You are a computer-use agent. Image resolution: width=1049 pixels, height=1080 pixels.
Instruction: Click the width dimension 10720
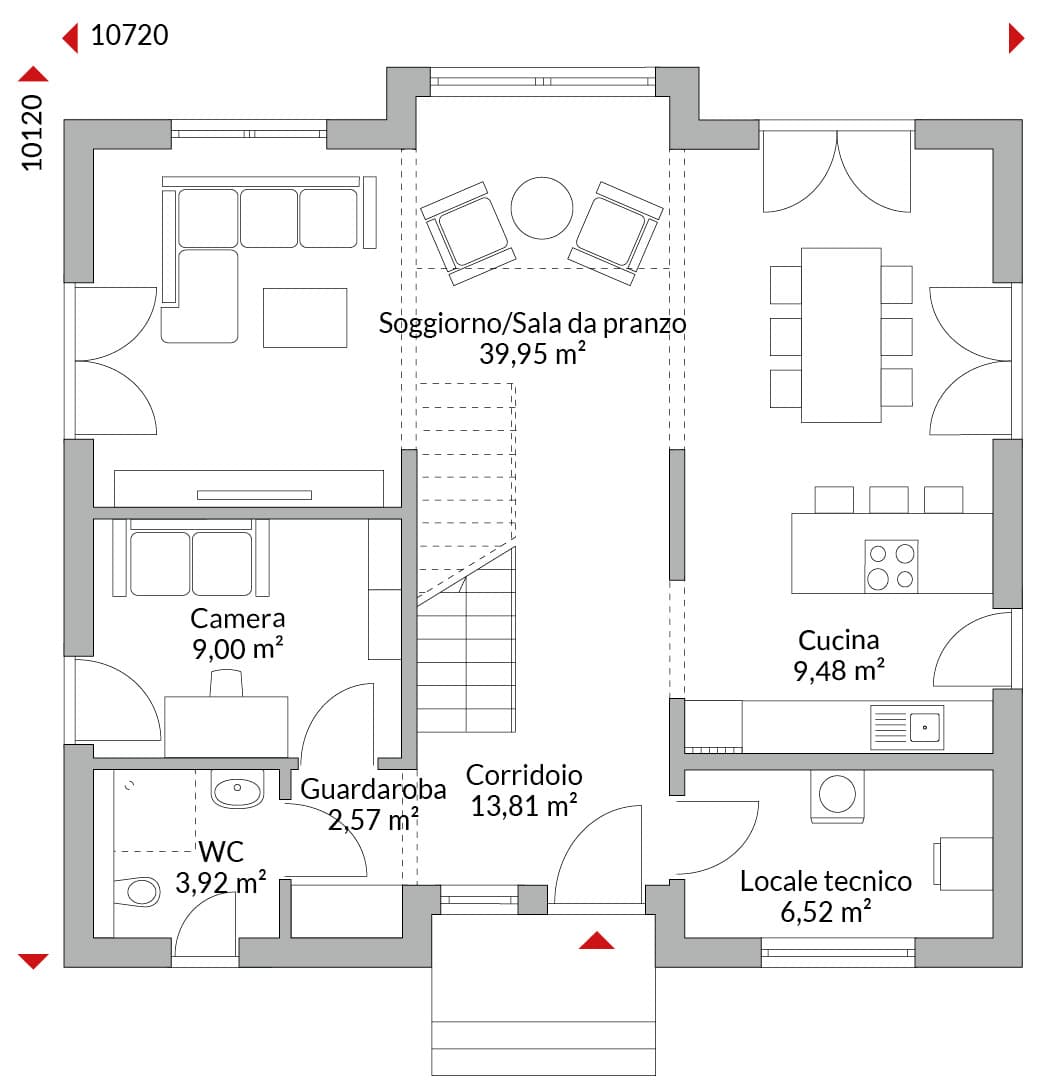[129, 35]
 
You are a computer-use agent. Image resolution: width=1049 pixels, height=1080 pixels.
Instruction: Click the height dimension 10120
[32, 132]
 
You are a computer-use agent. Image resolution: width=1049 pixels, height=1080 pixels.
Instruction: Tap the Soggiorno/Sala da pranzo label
[532, 323]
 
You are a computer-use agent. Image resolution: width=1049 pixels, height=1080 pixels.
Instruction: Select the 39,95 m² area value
[532, 353]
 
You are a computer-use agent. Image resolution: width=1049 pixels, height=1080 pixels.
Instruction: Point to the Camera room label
[238, 618]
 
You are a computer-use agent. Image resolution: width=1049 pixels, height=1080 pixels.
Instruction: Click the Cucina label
[838, 640]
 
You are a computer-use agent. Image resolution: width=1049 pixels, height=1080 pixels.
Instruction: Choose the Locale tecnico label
[826, 881]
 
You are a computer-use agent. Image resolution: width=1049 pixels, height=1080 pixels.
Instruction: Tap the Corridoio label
[524, 775]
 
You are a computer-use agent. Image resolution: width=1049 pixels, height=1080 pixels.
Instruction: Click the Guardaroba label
[373, 789]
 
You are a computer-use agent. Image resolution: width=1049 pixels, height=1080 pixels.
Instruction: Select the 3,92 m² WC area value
[220, 882]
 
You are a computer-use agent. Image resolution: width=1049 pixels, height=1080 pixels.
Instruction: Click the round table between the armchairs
[542, 208]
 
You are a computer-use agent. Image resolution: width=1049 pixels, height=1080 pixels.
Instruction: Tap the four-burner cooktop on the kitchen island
[891, 566]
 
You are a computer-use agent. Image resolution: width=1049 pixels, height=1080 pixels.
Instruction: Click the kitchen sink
[907, 727]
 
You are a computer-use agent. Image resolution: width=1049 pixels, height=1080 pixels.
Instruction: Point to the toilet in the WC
[137, 891]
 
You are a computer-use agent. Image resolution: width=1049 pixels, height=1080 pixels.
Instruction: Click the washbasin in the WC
[237, 789]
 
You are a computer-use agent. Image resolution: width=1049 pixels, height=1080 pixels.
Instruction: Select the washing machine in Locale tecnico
[837, 796]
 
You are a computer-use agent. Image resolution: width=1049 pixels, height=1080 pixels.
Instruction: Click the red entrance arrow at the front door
[596, 940]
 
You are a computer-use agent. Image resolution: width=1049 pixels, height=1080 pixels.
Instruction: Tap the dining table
[841, 335]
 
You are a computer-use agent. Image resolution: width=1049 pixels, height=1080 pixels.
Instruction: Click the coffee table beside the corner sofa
[304, 318]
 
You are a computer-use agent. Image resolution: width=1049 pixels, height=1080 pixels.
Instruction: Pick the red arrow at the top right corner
[1016, 38]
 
